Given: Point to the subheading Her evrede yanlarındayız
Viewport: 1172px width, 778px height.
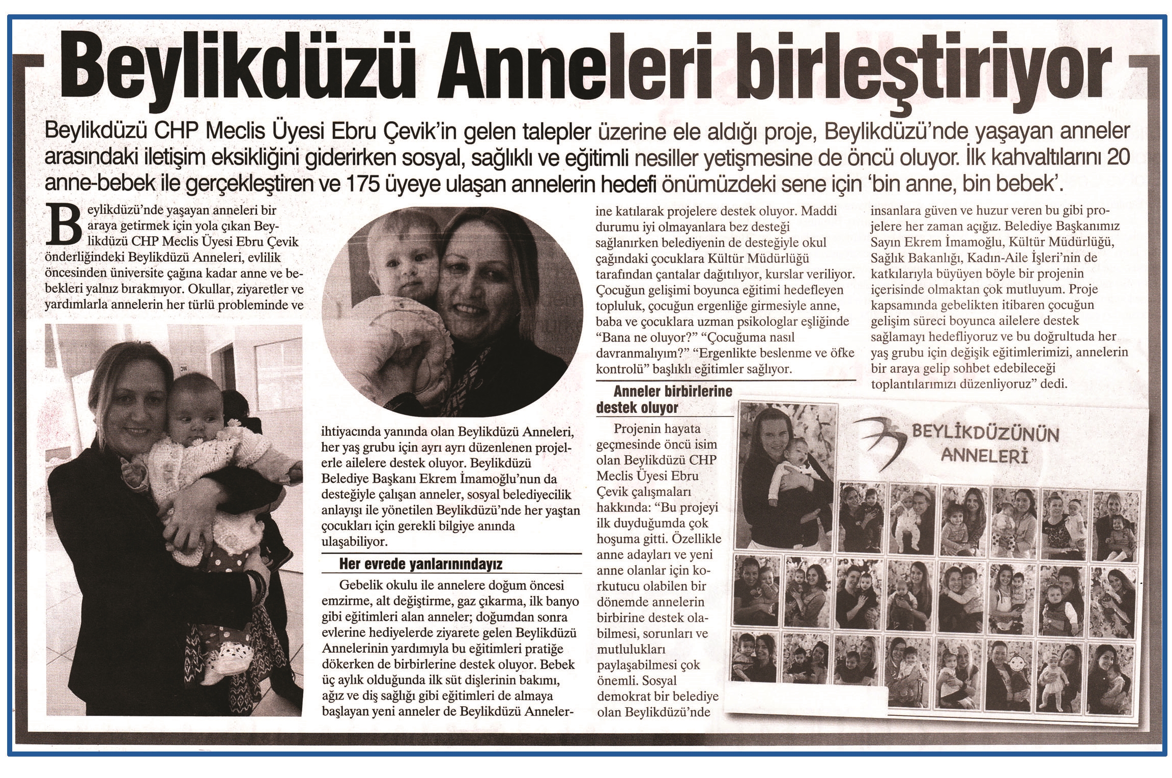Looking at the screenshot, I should pos(421,564).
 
